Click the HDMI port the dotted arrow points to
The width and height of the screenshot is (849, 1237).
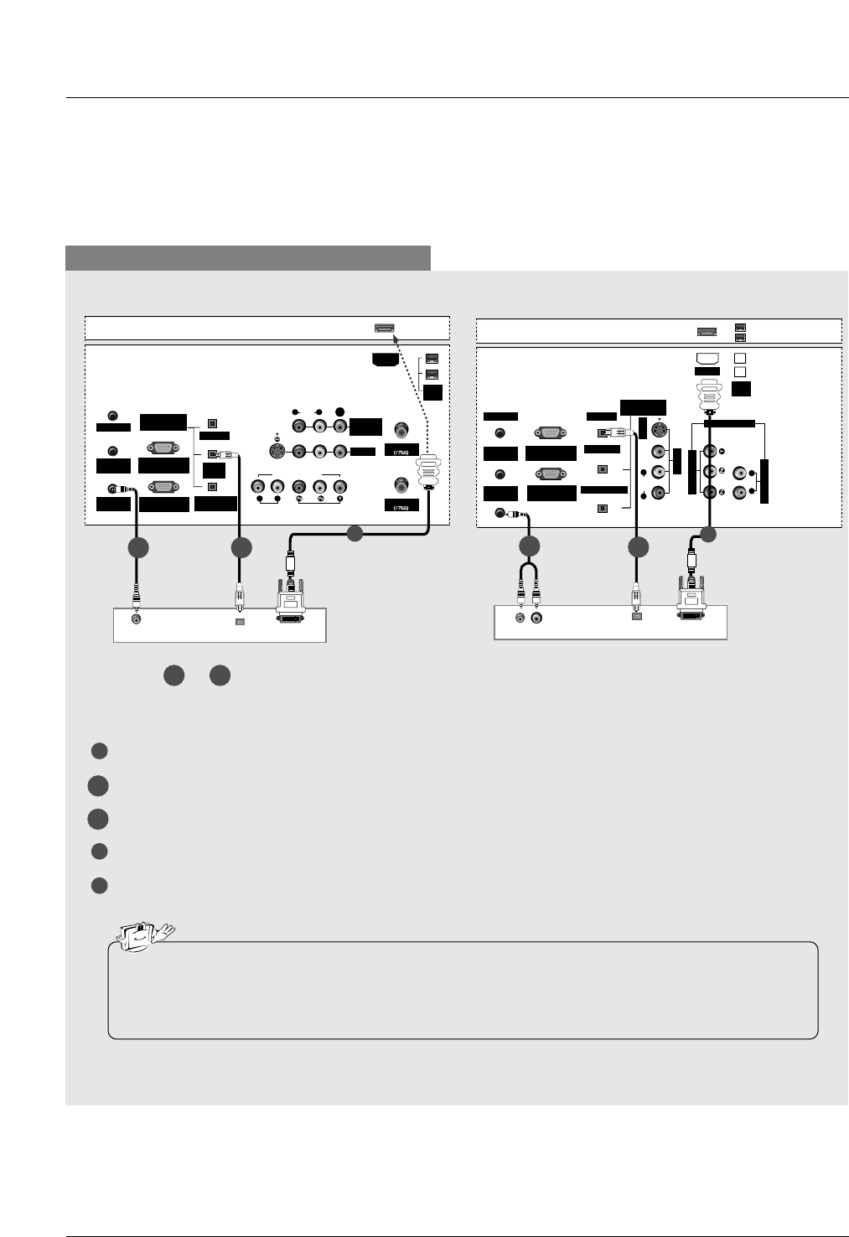[x=384, y=328]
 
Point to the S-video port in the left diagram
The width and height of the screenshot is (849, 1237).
[x=277, y=451]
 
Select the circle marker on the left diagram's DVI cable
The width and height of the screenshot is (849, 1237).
[x=355, y=531]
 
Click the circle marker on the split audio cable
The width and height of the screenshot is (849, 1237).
[x=529, y=547]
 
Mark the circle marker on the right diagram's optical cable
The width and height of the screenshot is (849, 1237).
[x=638, y=547]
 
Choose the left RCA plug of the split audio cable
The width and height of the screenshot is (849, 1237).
[x=520, y=594]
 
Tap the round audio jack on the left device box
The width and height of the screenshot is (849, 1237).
[x=137, y=619]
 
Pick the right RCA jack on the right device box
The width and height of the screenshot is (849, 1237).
[x=536, y=618]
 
